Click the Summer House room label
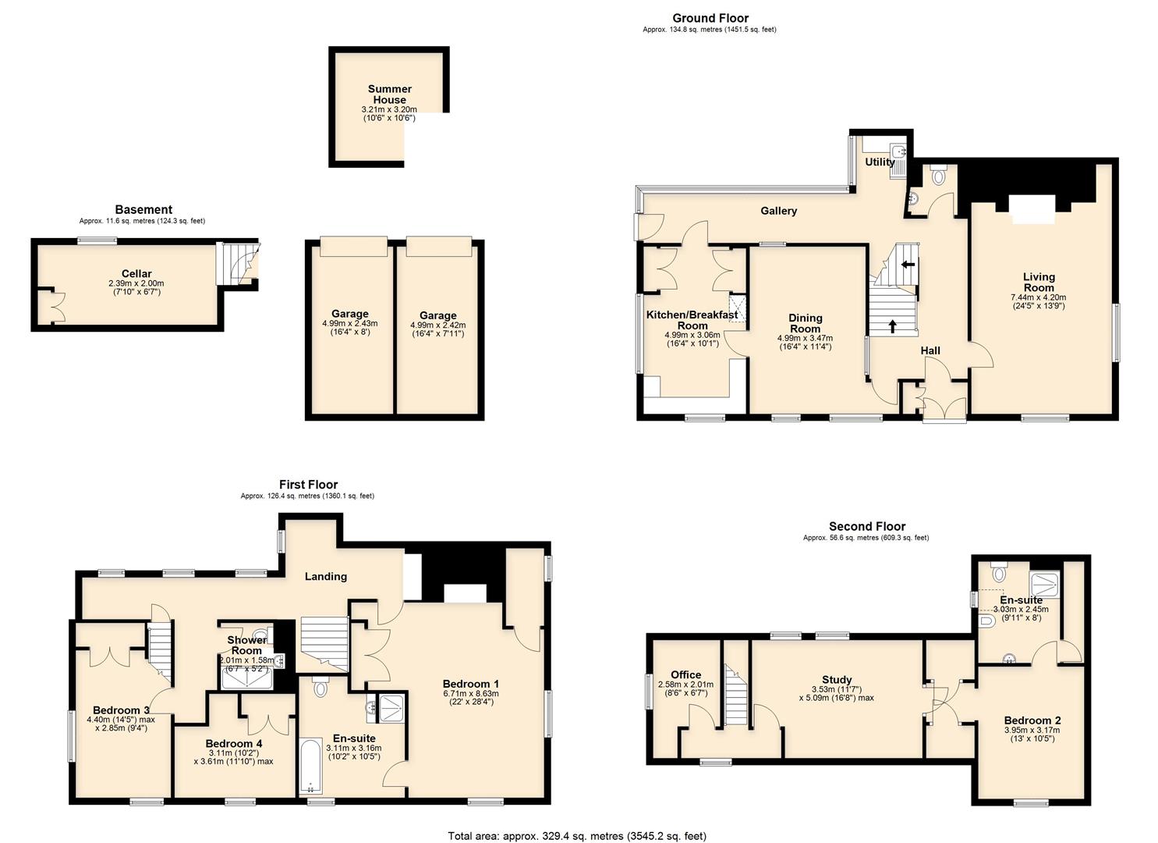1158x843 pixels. (x=389, y=94)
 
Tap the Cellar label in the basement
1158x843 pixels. (x=136, y=274)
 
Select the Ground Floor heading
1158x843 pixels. (x=710, y=18)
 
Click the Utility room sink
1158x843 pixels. (x=897, y=151)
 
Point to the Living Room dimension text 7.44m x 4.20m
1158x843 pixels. (x=1038, y=297)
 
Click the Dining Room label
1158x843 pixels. (x=805, y=323)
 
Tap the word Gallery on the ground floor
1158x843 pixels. (x=778, y=211)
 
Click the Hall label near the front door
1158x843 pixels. (x=930, y=350)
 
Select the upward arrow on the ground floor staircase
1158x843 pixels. (x=892, y=325)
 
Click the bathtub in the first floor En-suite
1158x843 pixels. (x=310, y=766)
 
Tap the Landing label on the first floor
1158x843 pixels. (x=325, y=576)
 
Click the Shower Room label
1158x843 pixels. (x=246, y=646)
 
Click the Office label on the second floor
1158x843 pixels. (x=685, y=675)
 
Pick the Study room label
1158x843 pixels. (x=836, y=680)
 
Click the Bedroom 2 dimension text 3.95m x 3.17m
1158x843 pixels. (x=1032, y=731)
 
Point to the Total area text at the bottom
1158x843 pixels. (x=577, y=836)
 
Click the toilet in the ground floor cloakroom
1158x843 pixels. (x=937, y=176)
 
